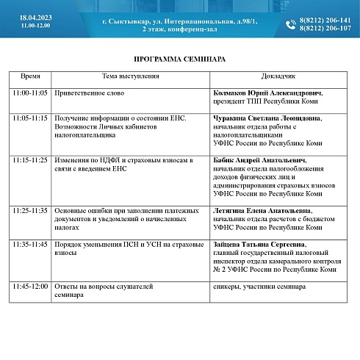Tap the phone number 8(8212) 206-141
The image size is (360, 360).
point(325,21)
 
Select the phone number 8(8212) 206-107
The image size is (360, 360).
point(325,29)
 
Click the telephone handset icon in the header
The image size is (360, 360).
point(290,24)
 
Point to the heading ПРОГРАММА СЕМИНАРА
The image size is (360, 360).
point(180,58)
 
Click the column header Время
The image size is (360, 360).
point(31,76)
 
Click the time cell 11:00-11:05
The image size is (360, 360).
point(30,94)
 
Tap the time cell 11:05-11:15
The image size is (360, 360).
point(30,118)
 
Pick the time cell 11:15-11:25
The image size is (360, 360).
point(30,159)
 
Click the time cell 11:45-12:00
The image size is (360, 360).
point(30,286)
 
